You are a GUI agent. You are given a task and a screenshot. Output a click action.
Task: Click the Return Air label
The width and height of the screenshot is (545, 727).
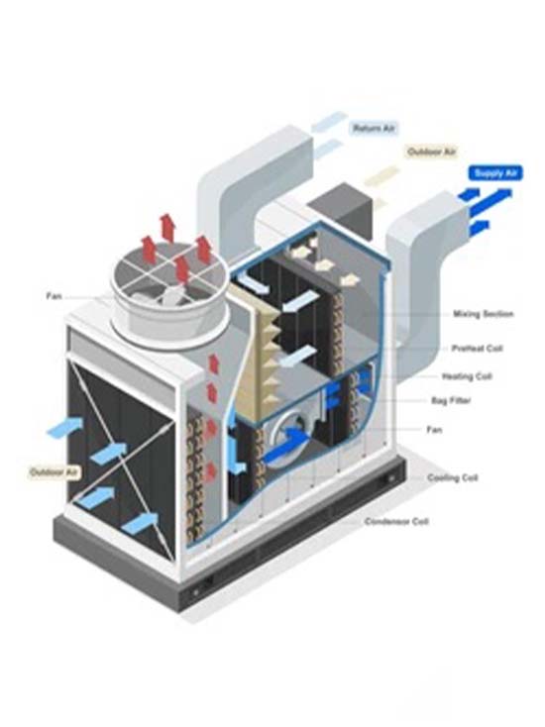click(374, 128)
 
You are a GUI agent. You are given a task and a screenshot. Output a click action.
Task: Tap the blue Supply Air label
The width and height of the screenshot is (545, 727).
click(495, 173)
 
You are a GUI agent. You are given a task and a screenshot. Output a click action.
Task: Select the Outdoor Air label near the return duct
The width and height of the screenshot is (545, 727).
click(431, 152)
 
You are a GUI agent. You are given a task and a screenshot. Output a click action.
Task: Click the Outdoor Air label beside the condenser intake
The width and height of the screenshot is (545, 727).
click(54, 472)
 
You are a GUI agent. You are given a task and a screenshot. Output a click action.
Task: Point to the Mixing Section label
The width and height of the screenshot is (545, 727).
click(484, 314)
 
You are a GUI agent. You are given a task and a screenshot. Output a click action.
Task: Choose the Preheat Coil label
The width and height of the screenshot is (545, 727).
click(478, 349)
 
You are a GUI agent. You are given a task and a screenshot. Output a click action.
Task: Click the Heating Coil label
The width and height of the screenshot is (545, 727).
click(467, 376)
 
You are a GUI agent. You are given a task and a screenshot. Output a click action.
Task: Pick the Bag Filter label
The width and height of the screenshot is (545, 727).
click(451, 400)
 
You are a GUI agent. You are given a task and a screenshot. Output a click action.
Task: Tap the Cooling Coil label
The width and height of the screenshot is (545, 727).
click(452, 477)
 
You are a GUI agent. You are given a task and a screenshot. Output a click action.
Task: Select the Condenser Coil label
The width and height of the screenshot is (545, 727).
click(396, 522)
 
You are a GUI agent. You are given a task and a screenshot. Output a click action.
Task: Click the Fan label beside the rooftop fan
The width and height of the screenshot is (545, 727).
click(54, 296)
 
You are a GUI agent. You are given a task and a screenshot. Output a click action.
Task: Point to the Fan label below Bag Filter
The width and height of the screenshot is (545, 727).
click(434, 430)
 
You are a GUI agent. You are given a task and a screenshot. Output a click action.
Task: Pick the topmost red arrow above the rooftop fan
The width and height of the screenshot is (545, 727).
click(166, 228)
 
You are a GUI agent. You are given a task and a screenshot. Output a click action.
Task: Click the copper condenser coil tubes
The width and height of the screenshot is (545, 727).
click(195, 476)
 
